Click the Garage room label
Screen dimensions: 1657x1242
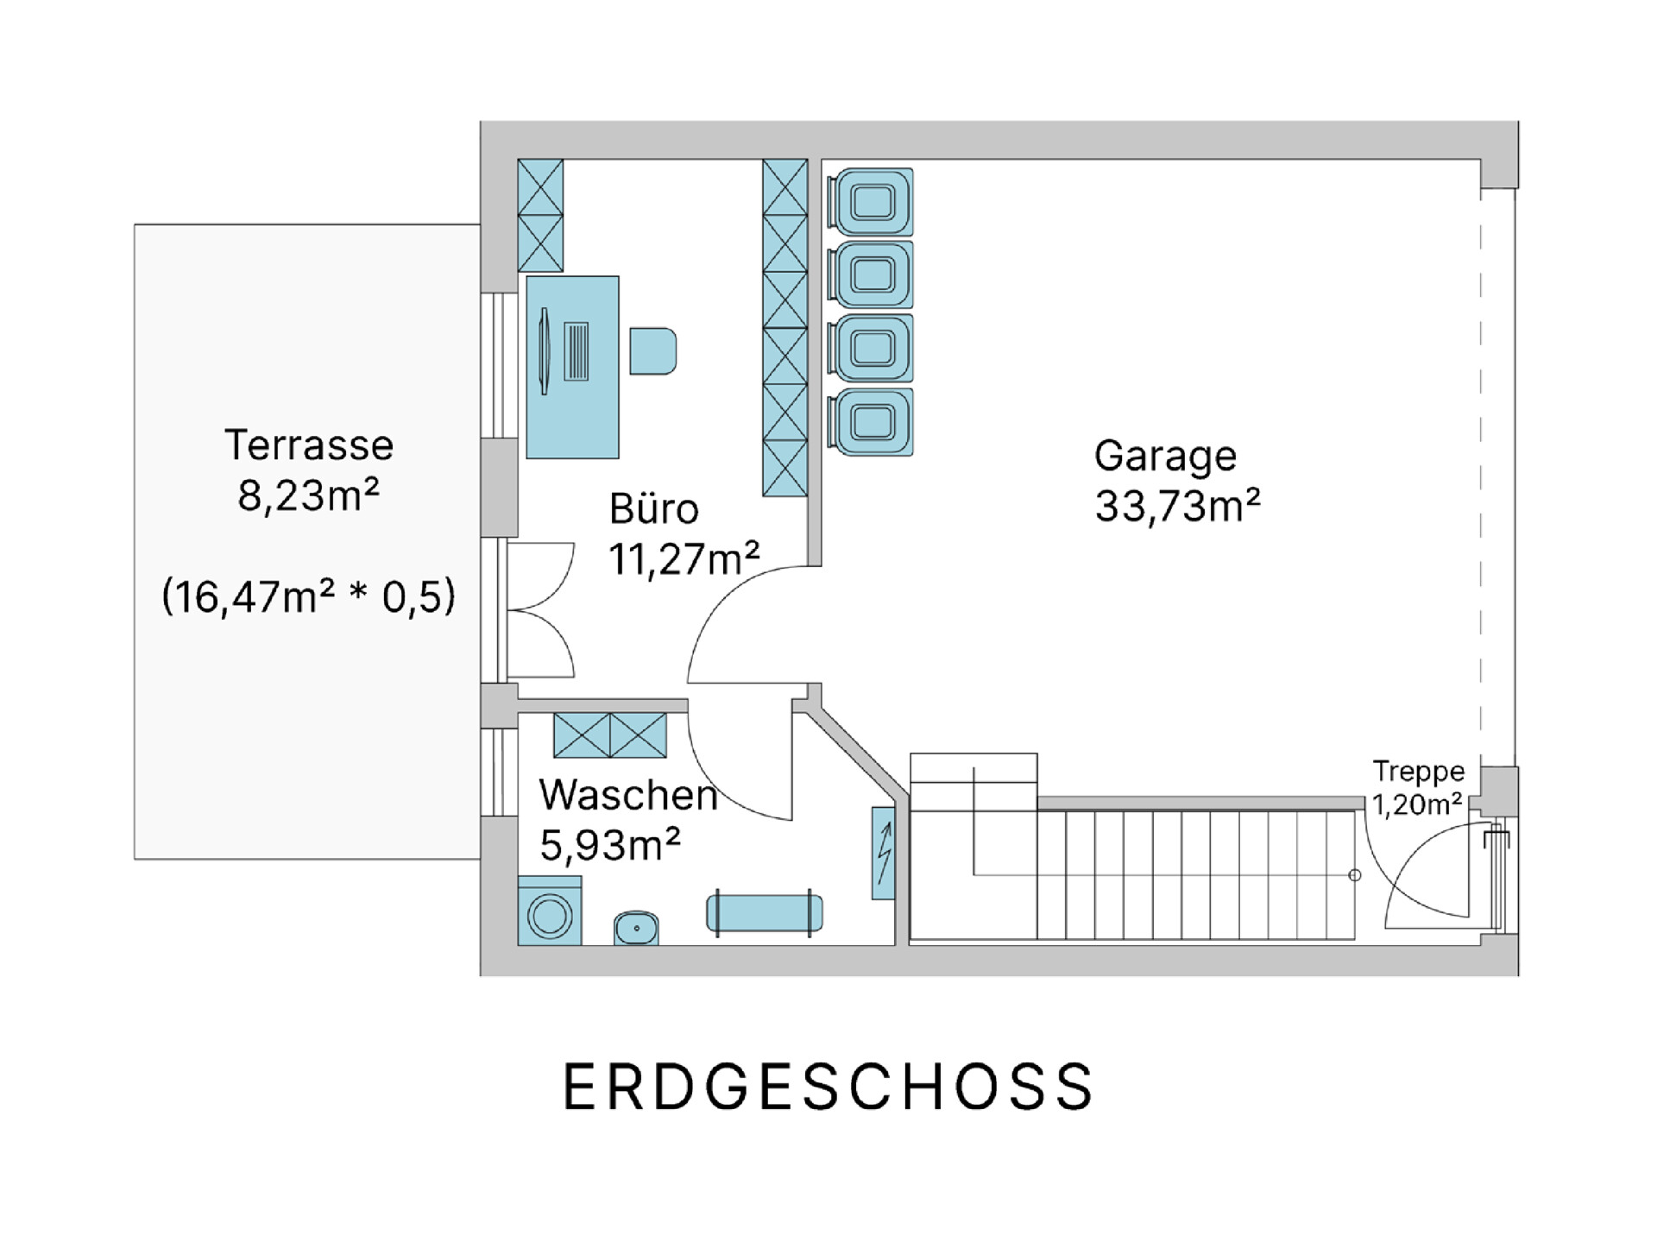(x=1165, y=456)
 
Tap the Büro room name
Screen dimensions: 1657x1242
(x=653, y=508)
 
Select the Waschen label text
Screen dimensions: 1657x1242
(x=628, y=794)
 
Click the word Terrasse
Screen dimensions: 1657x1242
(x=309, y=445)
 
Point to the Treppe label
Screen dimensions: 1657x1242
(x=1419, y=771)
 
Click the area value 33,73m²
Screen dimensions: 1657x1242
(x=1178, y=506)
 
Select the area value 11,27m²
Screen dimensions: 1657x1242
(x=684, y=559)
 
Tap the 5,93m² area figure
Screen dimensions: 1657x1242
(x=610, y=844)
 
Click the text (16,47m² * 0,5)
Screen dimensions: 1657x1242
(x=309, y=596)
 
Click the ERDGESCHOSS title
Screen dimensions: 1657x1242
(x=828, y=1086)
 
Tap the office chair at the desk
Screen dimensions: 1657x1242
(x=652, y=350)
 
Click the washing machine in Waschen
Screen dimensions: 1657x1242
(x=550, y=911)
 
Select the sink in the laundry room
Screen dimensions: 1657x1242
(x=636, y=928)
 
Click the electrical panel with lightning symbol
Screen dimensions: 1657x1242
(x=883, y=853)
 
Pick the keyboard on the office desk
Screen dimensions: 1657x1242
(x=576, y=351)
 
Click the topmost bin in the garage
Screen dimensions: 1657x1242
(x=870, y=202)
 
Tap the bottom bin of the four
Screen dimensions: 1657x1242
(x=870, y=422)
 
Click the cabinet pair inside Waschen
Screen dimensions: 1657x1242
(x=610, y=735)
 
